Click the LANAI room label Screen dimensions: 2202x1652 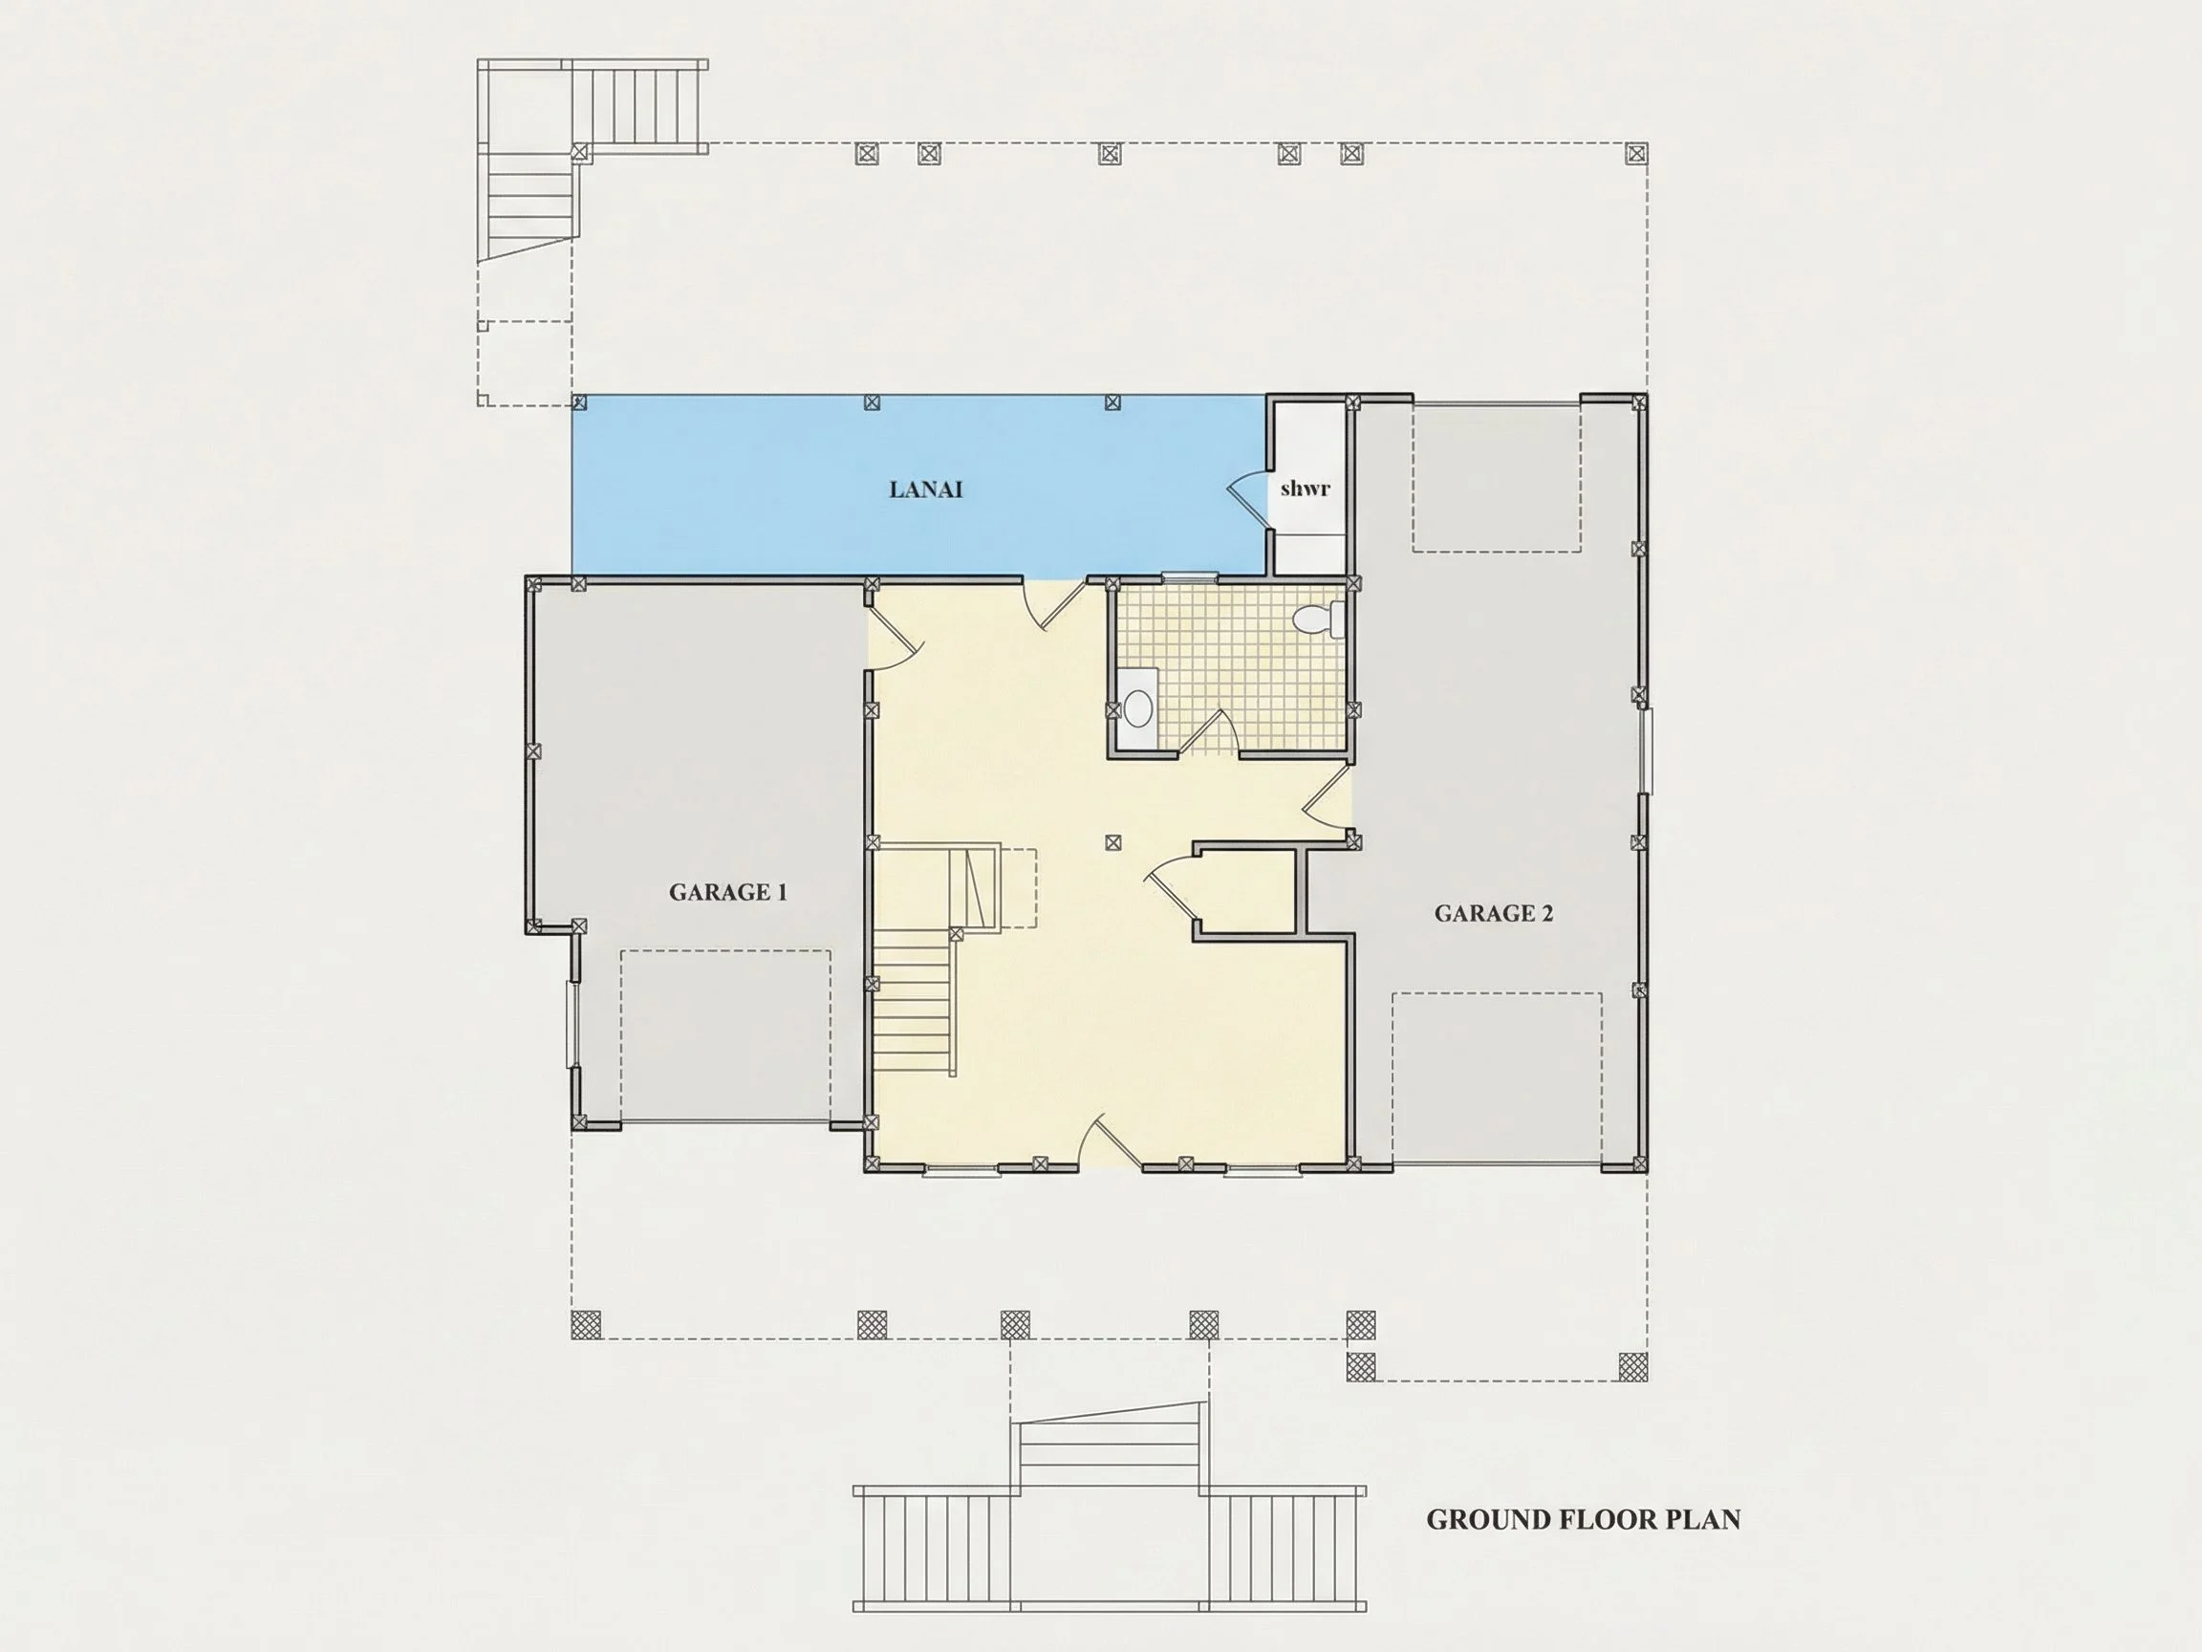point(925,489)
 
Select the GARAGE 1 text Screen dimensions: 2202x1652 point(727,892)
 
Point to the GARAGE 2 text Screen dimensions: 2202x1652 point(1493,913)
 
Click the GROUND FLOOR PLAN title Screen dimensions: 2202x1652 point(1583,1519)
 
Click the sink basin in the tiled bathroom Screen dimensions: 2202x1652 point(1136,709)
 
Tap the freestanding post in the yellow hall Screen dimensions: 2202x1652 point(1112,842)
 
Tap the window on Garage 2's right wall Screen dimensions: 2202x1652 point(1647,750)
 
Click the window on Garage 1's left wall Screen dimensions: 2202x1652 point(572,1025)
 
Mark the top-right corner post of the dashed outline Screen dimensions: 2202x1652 point(1635,153)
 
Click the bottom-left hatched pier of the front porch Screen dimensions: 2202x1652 point(586,1324)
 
